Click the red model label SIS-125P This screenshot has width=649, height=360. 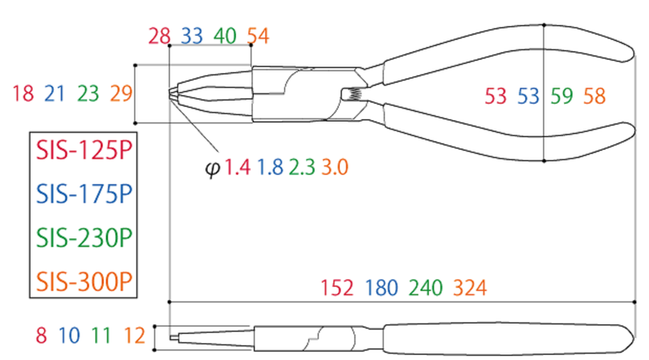82,152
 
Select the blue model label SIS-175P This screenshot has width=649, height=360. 82,195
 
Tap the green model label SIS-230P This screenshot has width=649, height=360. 82,238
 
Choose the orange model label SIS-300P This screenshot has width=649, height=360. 82,281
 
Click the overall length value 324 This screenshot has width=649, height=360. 470,288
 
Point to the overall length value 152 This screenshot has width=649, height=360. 337,288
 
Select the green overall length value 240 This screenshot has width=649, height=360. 426,288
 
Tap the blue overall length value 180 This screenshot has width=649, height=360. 381,288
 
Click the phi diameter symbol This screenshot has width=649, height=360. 213,169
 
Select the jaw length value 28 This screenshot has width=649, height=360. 160,36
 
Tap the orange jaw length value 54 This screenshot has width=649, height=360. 257,36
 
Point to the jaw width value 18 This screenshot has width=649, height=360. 24,94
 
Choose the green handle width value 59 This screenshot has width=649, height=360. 561,96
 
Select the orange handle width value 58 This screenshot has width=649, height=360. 594,96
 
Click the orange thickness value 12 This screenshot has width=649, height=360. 135,334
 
